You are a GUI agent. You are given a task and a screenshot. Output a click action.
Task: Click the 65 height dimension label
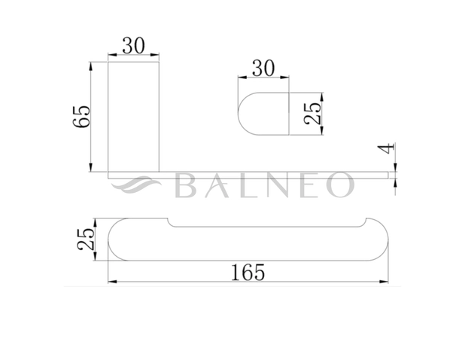click(81, 116)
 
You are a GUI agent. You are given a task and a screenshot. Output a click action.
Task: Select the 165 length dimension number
click(248, 273)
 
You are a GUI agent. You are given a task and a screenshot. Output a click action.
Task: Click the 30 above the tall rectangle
click(133, 46)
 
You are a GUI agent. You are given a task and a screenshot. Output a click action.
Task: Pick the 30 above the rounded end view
click(263, 69)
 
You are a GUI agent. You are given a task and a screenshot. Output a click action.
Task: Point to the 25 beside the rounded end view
click(312, 114)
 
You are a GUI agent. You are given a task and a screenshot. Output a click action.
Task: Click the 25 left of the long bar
click(86, 239)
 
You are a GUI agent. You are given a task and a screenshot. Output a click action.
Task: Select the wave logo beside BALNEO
click(135, 185)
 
